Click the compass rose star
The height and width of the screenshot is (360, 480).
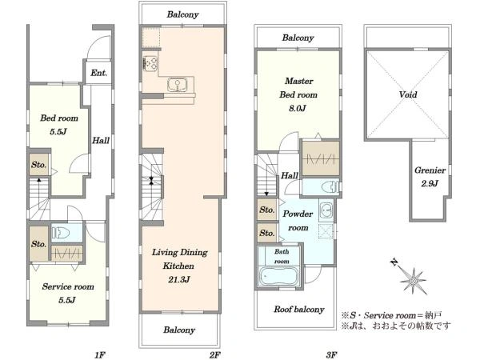[x=414, y=281]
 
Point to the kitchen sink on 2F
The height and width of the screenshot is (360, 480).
[x=178, y=85]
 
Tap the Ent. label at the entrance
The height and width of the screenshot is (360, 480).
[x=98, y=73]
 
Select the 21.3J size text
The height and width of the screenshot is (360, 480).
[x=178, y=279]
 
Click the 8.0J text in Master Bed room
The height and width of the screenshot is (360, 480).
[x=298, y=108]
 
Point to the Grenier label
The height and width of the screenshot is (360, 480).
[x=430, y=170]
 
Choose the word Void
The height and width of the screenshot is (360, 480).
[x=408, y=94]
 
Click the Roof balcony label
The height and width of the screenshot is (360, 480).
[x=298, y=309]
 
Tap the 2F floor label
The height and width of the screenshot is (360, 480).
[x=215, y=354]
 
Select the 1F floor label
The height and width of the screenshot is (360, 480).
[x=100, y=354]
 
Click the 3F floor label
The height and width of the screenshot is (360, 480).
[x=331, y=354]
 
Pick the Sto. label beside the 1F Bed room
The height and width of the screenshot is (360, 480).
[x=39, y=165]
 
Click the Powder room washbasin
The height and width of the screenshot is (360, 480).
[x=326, y=210]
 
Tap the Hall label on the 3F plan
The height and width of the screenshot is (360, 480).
[x=290, y=175]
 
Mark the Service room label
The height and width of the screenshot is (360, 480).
[x=68, y=286]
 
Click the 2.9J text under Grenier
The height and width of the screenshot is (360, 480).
[x=430, y=183]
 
